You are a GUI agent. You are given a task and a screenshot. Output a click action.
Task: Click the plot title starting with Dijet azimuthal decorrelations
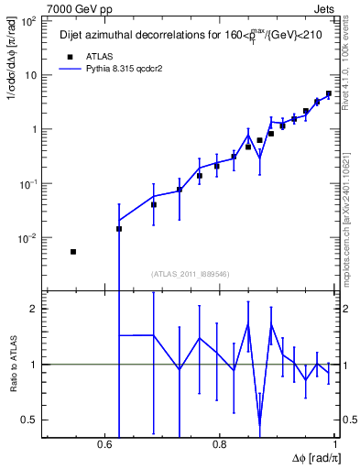175,36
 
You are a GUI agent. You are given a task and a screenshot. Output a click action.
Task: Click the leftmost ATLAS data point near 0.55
73,251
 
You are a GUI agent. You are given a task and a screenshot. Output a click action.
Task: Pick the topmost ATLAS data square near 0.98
328,93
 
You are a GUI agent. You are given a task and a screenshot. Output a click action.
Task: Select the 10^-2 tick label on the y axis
27,238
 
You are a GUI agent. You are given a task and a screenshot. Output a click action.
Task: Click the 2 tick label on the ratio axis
34,309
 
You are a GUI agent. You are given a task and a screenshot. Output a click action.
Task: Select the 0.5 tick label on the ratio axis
30,420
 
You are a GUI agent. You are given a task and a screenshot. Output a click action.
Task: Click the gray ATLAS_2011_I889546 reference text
191,273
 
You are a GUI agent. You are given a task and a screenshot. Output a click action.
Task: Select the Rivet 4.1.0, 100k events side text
352,55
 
